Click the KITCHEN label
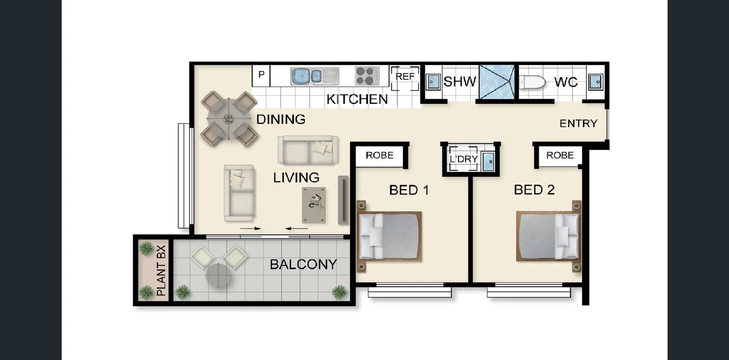[x=357, y=99]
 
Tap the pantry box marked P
[x=261, y=75]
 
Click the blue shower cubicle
[x=497, y=82]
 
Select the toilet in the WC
[x=532, y=82]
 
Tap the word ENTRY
[x=578, y=123]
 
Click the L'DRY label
[x=464, y=159]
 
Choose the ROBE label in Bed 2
[x=560, y=155]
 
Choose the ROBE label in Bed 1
[x=379, y=155]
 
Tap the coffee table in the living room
[x=314, y=205]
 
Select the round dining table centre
[x=229, y=118]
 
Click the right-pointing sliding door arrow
[x=251, y=229]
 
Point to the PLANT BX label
[x=161, y=270]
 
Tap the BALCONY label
[x=303, y=264]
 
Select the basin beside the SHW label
[x=432, y=82]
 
